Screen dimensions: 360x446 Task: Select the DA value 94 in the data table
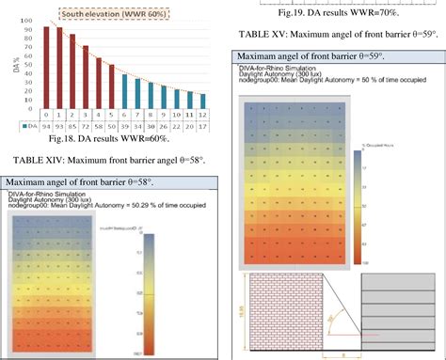pos(46,125)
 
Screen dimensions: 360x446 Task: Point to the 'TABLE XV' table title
pos(337,34)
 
